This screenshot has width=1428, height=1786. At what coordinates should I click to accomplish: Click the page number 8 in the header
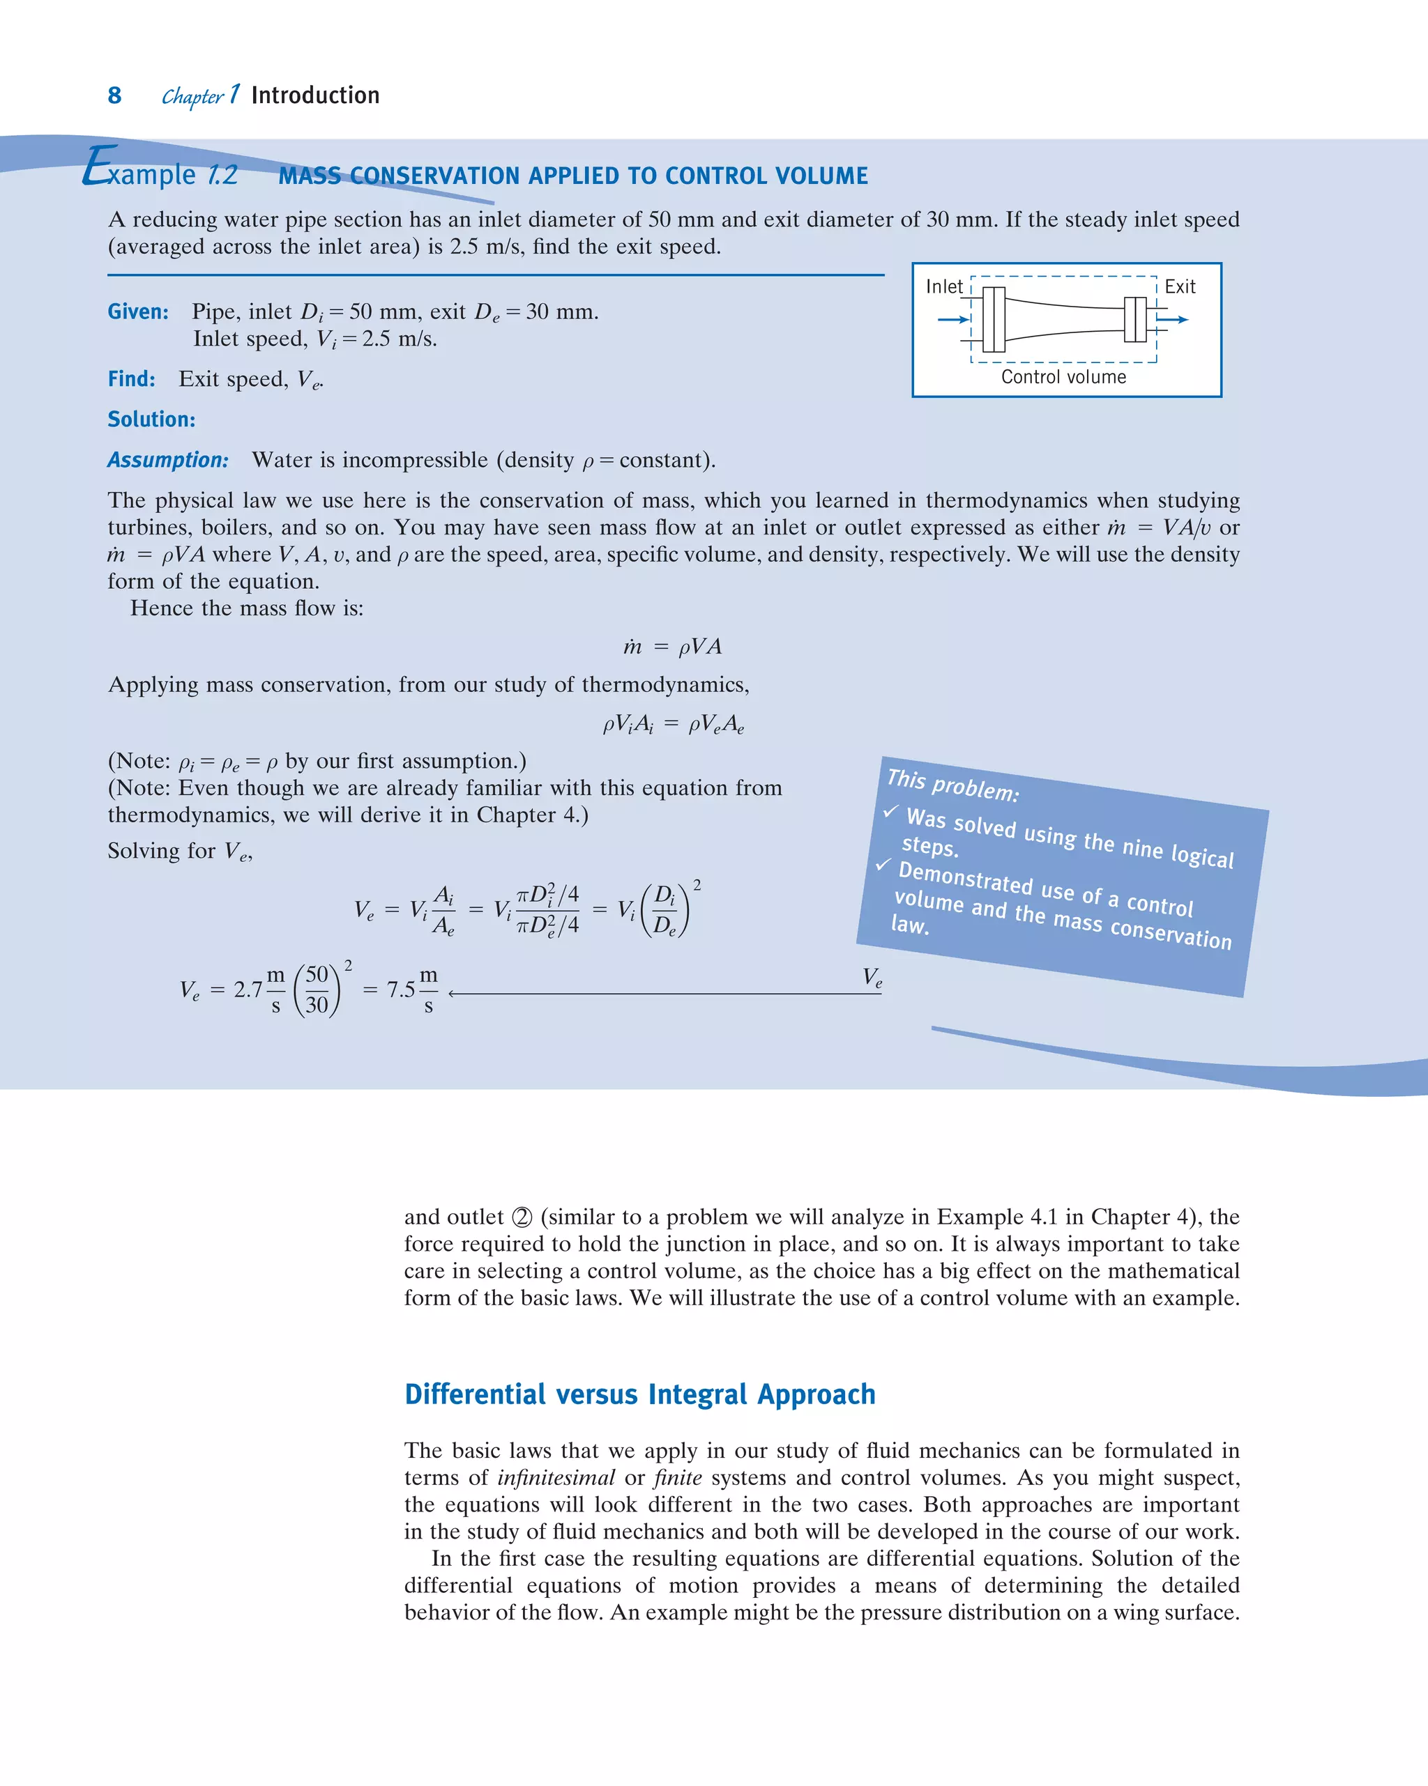coord(114,96)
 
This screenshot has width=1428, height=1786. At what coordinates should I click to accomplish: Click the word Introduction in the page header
coord(315,96)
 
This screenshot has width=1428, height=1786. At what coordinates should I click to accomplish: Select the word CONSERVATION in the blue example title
coord(435,176)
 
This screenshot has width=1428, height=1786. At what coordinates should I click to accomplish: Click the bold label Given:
coord(137,312)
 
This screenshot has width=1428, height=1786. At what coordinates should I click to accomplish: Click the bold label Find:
coord(131,379)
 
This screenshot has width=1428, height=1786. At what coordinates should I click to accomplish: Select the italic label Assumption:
coord(167,461)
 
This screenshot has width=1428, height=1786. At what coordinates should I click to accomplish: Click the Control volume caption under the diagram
coord(1063,378)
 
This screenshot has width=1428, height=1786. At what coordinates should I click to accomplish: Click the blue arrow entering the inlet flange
coord(954,320)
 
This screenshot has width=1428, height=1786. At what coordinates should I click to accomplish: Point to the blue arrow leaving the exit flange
coord(1172,320)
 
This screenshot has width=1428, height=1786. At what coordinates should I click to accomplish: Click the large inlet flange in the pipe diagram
coord(994,320)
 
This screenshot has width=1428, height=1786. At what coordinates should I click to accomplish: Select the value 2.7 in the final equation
coord(248,990)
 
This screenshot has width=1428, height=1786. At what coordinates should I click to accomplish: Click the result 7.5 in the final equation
coord(400,990)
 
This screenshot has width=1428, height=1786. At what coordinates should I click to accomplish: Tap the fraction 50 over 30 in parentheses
coord(317,990)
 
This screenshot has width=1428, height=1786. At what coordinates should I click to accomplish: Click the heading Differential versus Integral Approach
coord(640,1395)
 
